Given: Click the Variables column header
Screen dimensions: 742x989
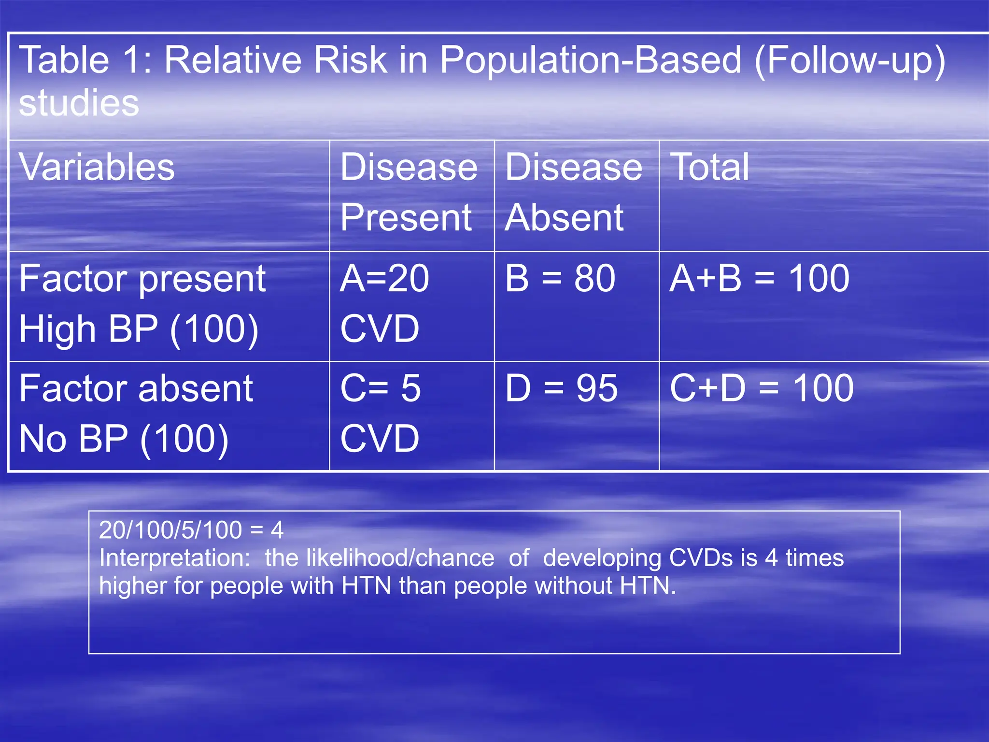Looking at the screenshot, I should tap(97, 167).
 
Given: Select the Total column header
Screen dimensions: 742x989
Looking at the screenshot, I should tap(709, 167).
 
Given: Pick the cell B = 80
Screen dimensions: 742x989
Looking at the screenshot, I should tap(560, 279).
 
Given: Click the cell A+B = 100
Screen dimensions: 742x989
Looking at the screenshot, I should tap(759, 279).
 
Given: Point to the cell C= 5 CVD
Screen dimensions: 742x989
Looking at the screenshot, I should tap(381, 414).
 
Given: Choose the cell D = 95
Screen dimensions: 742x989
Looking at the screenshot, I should tap(561, 388).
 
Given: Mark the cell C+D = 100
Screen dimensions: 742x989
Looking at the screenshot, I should tap(762, 388).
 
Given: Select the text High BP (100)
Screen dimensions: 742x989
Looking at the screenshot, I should tap(139, 329).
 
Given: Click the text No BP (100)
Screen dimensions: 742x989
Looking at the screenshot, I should tap(124, 439).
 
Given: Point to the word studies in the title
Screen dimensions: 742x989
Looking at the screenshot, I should tap(79, 103).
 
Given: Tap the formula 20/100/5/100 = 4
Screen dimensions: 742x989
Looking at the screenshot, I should tap(191, 530).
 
